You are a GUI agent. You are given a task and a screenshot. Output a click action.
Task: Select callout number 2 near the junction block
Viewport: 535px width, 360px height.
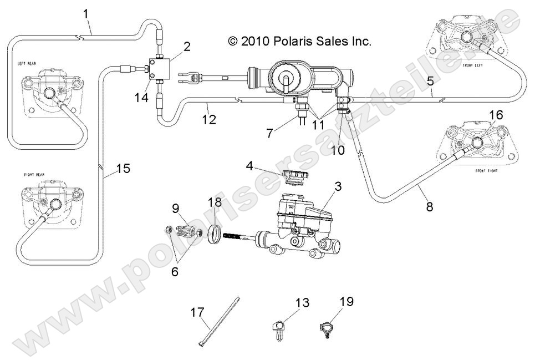(x=187, y=47)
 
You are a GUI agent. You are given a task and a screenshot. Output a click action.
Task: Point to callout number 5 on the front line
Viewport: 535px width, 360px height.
(x=430, y=81)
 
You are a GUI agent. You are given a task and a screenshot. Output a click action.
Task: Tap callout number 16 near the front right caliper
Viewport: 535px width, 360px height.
(x=496, y=115)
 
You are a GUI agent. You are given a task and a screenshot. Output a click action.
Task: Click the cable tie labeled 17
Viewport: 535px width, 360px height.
(x=219, y=322)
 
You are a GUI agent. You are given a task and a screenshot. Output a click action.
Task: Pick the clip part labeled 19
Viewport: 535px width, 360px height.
(x=327, y=327)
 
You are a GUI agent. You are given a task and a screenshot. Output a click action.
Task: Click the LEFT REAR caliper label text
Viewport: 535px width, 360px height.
(x=27, y=64)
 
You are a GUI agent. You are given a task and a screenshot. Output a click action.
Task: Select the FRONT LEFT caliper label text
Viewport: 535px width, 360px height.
(x=471, y=65)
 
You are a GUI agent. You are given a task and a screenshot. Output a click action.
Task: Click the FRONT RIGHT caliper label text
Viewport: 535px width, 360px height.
(x=486, y=172)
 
